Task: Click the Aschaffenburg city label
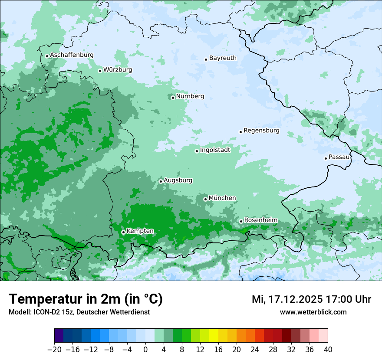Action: point(72,55)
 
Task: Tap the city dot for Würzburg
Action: point(100,71)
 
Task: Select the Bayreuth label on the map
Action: point(223,58)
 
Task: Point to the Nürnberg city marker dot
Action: point(173,98)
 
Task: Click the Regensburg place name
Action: point(261,131)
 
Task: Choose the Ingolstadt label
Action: point(215,150)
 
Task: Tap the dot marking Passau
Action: point(326,158)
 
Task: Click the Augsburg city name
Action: point(178,180)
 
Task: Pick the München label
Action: point(222,198)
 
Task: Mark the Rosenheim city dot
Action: point(241,221)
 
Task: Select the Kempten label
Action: point(140,231)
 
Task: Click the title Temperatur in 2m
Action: point(86,299)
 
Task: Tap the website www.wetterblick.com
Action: point(313,312)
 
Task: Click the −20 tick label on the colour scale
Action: point(54,350)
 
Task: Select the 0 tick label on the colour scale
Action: point(145,350)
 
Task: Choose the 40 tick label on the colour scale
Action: point(328,350)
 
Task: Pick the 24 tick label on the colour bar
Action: point(255,350)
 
